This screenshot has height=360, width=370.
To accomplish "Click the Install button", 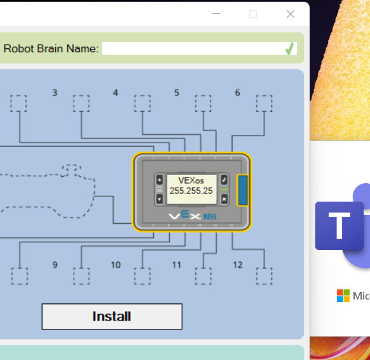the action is tap(112, 316).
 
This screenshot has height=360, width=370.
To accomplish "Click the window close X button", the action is tap(291, 14).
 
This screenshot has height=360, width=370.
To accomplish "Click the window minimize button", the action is tap(216, 14).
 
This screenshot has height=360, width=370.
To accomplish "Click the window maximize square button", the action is tap(253, 14).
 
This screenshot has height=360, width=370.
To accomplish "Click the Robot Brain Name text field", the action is tap(199, 48).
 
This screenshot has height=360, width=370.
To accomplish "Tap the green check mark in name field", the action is tap(289, 48).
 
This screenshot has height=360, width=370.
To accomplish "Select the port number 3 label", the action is tap(55, 93).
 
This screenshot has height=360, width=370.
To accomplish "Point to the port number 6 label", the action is tap(237, 93).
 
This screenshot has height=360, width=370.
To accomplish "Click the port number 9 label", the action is tap(55, 265).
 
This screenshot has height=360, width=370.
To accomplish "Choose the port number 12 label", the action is tap(238, 265).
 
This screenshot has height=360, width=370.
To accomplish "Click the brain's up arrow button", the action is tap(160, 180).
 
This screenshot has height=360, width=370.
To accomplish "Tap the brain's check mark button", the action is tap(224, 180).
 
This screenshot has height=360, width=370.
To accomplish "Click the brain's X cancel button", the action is tap(224, 199).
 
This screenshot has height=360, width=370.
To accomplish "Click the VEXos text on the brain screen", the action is tap(191, 181).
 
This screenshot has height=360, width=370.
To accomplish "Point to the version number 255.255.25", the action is tap(191, 191).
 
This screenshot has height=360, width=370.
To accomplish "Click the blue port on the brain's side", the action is tap(243, 190).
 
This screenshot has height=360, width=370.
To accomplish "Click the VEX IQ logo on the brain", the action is tap(193, 215).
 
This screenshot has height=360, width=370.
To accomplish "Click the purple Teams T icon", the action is tap(339, 226).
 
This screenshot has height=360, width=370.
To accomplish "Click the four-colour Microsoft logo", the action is tap(343, 296).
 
